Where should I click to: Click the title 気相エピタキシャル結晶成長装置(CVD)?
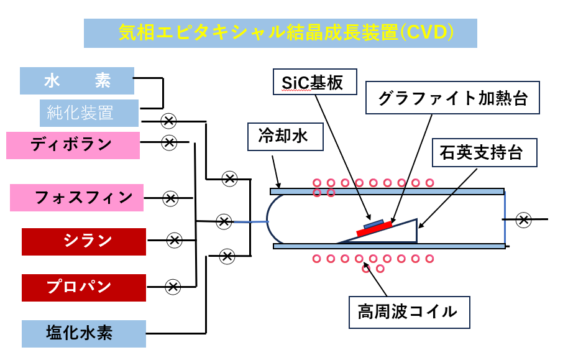tap(280, 33)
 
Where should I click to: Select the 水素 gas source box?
tap(77, 80)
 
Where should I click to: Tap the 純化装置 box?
tap(89, 113)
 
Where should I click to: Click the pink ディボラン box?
tap(73, 145)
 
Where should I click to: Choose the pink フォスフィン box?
tap(76, 198)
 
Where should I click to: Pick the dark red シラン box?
tap(84, 241)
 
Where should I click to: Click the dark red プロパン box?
tap(84, 287)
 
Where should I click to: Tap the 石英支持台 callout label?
tap(485, 152)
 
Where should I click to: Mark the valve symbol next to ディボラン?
tap(168, 142)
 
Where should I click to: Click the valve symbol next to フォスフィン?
tap(170, 198)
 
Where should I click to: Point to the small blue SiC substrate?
tap(373, 223)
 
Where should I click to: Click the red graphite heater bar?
tap(374, 229)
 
